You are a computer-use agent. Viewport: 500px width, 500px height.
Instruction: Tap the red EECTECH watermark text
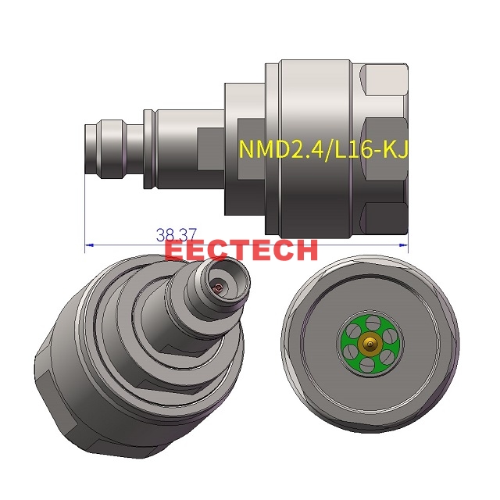pyautogui.click(x=242, y=250)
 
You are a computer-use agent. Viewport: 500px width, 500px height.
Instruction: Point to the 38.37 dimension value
pyautogui.click(x=175, y=234)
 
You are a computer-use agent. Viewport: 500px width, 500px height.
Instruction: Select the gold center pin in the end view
pyautogui.click(x=367, y=342)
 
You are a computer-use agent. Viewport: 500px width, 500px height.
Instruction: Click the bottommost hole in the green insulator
pyautogui.click(x=367, y=364)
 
